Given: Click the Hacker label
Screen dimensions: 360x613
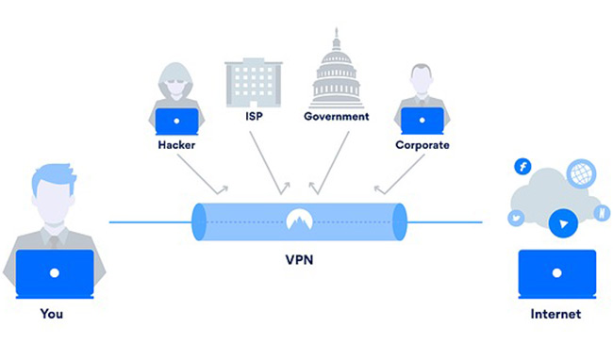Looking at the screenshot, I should (176, 146).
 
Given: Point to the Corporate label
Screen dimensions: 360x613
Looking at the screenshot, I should (422, 145).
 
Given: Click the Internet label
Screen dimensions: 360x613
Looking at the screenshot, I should (557, 314).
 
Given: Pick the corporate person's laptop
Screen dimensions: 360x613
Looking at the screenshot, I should (422, 122).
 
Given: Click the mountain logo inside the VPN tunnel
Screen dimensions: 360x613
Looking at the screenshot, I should (299, 221).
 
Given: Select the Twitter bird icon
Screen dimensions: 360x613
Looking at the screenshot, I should (517, 218).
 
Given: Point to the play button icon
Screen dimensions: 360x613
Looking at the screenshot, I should (561, 224).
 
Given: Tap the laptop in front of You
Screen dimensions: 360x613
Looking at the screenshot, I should (55, 273).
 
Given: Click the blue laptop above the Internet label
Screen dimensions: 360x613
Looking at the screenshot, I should (557, 272).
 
